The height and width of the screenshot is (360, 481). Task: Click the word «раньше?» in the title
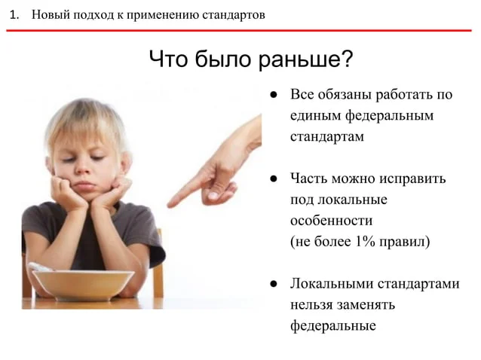coord(305,59)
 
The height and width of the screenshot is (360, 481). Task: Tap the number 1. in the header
coord(14,15)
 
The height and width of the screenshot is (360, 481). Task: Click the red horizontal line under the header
coord(239,30)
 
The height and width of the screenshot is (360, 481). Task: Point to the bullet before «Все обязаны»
coord(274,95)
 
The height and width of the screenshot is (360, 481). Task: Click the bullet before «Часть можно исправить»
coord(274,178)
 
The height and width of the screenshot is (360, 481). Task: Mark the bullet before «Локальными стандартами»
coord(274,284)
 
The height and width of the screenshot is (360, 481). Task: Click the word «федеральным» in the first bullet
coord(390,116)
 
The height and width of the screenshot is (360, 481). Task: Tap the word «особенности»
coord(331,221)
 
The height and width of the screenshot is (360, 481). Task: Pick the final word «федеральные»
coord(333,325)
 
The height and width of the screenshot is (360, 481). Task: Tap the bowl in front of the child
coord(83,284)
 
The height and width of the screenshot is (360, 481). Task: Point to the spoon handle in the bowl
coord(41,267)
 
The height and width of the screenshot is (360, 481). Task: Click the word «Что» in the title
coord(168,59)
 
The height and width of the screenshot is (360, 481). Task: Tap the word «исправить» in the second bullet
coord(412,178)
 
